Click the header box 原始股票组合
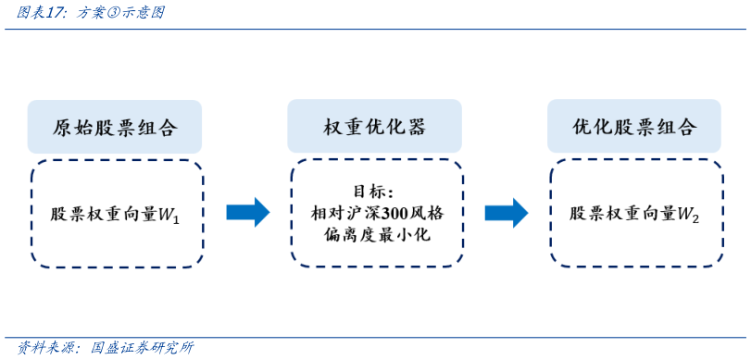[115, 127]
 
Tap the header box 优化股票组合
[634, 127]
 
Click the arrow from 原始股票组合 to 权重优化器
[247, 212]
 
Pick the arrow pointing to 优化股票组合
[507, 212]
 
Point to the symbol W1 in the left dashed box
[169, 215]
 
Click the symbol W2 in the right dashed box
[688, 215]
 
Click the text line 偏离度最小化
[375, 234]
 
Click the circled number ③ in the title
[102, 13]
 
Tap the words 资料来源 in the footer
[36, 348]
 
